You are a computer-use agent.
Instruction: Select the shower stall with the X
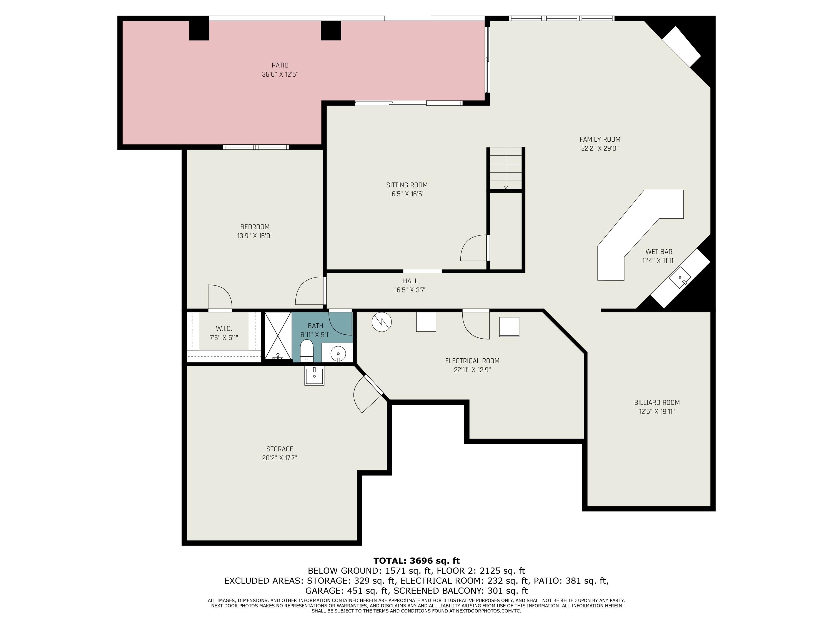(278, 335)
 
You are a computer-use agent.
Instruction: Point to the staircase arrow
(506, 187)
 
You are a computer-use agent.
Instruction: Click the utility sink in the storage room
(314, 375)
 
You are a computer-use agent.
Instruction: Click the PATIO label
(280, 65)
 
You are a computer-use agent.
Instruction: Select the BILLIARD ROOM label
(657, 402)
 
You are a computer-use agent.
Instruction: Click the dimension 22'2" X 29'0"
(599, 148)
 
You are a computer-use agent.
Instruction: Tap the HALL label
(410, 281)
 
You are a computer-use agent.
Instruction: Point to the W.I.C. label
(224, 329)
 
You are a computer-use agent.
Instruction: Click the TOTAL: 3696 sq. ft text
(416, 561)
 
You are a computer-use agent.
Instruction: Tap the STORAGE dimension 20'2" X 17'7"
(279, 458)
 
